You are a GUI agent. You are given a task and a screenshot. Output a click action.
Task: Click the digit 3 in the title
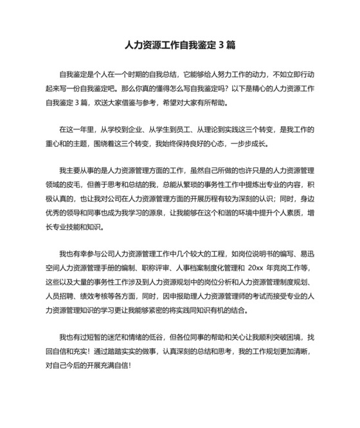[221, 46]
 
